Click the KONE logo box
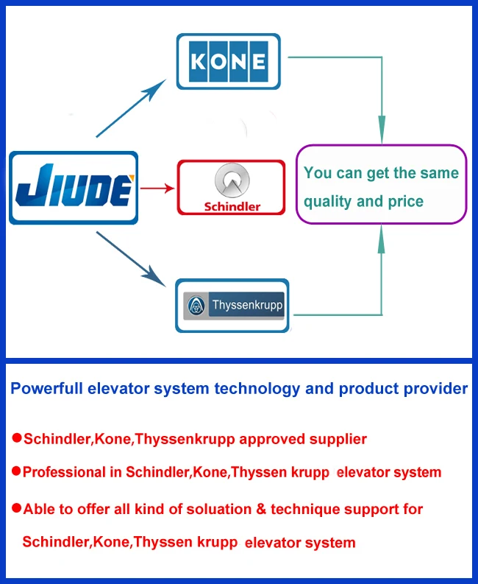point(228,60)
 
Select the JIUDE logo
point(73,187)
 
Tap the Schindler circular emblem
point(232,180)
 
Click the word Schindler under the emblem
point(232,206)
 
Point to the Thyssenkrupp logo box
point(232,305)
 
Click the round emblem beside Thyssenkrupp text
point(196,306)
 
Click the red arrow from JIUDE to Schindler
point(157,189)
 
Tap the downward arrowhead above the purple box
point(381,133)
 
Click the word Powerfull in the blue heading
point(46,388)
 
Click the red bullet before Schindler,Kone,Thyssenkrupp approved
point(16,438)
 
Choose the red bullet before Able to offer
point(16,507)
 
